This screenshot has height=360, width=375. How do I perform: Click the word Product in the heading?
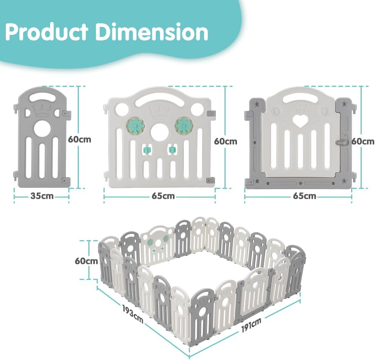[x=47, y=33]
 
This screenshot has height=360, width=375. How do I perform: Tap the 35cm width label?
[x=42, y=197]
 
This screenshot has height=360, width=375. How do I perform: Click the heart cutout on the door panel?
[x=301, y=121]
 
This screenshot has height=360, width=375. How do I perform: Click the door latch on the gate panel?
[x=340, y=142]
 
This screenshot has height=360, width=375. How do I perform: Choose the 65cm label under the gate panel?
[x=304, y=197]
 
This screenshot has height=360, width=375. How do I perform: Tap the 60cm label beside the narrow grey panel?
[x=80, y=139]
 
